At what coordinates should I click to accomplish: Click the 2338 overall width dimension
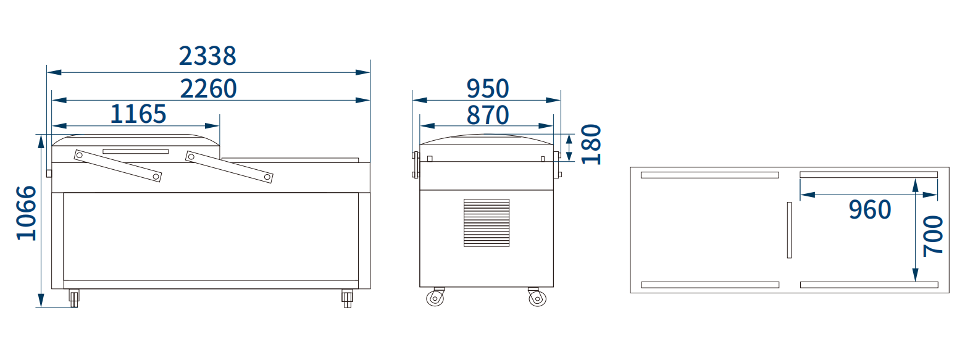[x=207, y=56]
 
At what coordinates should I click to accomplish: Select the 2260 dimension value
[x=209, y=89]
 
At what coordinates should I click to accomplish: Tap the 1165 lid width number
[x=138, y=114]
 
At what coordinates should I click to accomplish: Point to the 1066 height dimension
[x=27, y=213]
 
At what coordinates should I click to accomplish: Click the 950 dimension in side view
[x=488, y=89]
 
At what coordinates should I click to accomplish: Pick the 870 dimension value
[x=488, y=115]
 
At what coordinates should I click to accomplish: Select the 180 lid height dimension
[x=591, y=144]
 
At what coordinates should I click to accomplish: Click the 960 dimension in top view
[x=870, y=210]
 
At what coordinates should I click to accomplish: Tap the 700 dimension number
[x=933, y=236]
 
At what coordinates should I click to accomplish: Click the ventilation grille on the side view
[x=487, y=223]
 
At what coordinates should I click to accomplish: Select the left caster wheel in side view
[x=435, y=298]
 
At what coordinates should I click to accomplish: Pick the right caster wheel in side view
[x=537, y=298]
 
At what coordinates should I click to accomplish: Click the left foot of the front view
[x=74, y=299]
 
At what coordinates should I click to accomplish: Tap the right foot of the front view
[x=347, y=299]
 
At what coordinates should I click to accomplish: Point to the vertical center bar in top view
[x=789, y=230]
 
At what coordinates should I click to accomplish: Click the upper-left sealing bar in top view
[x=709, y=175]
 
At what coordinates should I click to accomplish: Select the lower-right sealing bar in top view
[x=869, y=285]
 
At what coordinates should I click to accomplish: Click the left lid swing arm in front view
[x=117, y=165]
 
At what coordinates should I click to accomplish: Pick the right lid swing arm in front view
[x=229, y=167]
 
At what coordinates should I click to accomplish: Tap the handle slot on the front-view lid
[x=135, y=151]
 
